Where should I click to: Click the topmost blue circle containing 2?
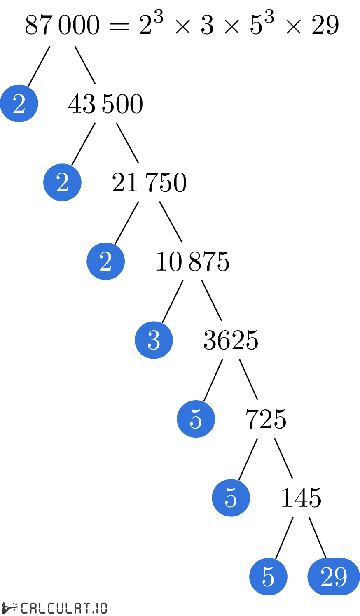point(19,103)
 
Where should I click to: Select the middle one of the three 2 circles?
point(62,182)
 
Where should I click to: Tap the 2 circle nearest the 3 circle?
point(105,261)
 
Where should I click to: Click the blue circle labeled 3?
point(154,340)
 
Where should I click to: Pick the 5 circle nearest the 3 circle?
point(196,419)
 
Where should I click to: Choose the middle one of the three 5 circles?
point(231,498)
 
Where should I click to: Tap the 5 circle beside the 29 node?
point(268,576)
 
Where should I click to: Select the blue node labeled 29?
point(334,576)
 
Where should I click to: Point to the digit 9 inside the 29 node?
point(341,576)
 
